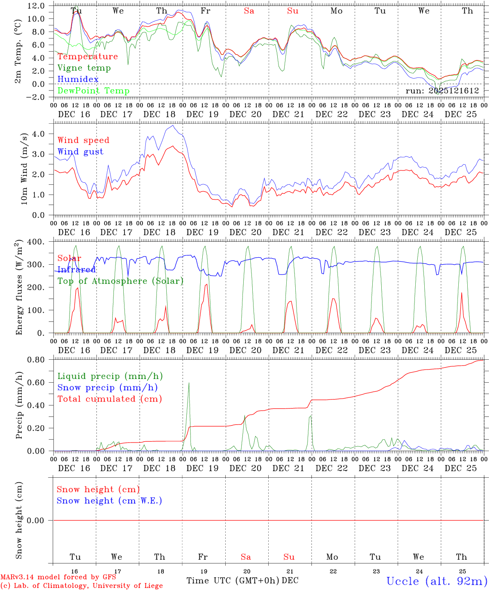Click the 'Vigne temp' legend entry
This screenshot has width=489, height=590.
point(84,68)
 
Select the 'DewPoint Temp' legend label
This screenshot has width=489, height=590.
point(93,91)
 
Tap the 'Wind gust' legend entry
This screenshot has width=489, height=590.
point(80,152)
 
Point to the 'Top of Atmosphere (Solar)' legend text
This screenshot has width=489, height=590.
point(120,281)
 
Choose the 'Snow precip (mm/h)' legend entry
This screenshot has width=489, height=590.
point(107,388)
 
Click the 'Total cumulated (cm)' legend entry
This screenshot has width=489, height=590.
point(109,399)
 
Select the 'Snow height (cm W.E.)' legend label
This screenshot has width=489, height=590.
point(109,501)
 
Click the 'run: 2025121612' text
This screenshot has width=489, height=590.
point(442,91)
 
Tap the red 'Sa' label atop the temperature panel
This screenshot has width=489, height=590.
point(249,11)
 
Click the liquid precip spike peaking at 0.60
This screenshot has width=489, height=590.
point(189,383)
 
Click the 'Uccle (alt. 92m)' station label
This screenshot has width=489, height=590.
point(437,581)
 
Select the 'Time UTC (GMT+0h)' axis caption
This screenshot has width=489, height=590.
point(233,581)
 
